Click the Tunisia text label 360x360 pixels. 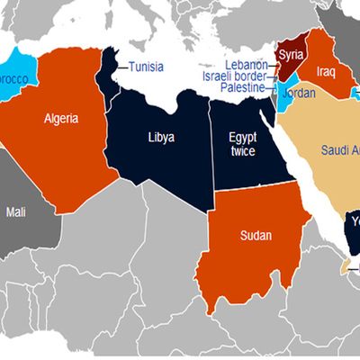click(146, 67)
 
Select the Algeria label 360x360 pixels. click(61, 118)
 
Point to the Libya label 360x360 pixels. click(162, 138)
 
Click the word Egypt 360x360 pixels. click(242, 138)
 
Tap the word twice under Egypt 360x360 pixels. click(242, 152)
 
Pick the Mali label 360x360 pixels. click(16, 212)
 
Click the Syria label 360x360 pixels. click(291, 55)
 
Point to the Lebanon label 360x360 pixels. click(247, 65)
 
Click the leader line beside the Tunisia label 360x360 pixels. click(122, 67)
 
